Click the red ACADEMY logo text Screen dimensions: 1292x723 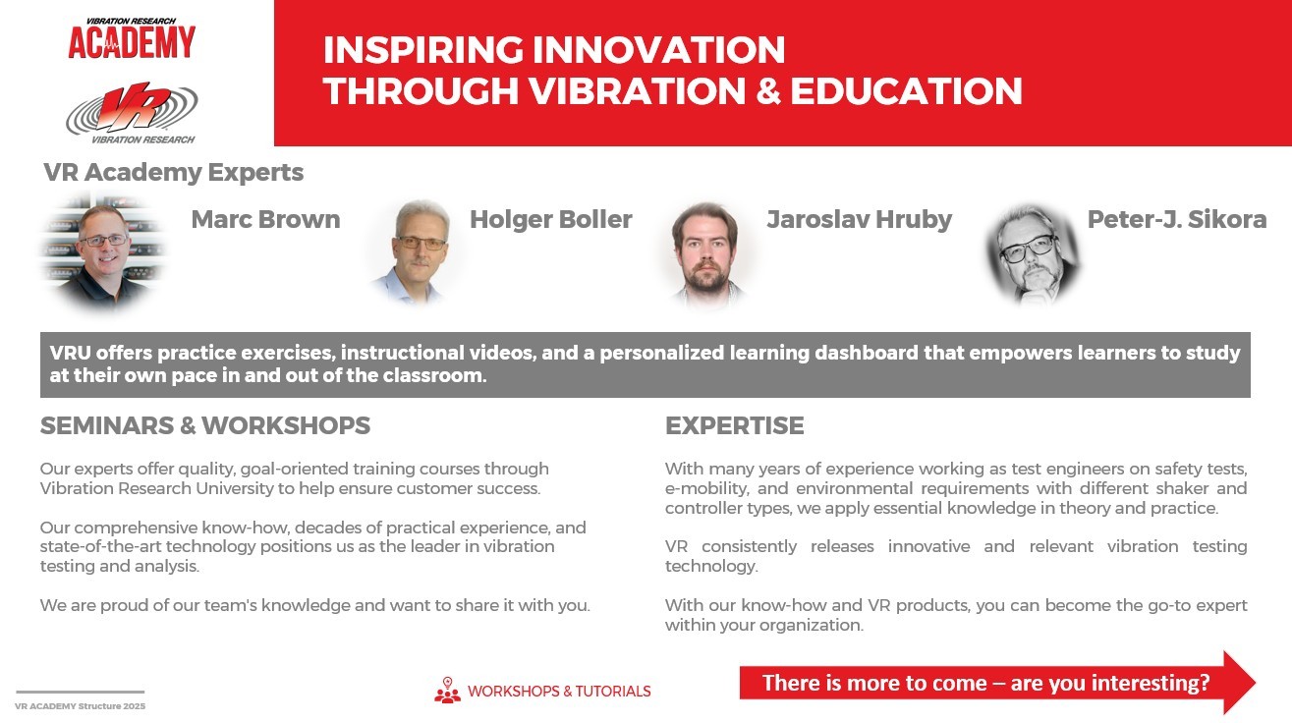click(x=132, y=42)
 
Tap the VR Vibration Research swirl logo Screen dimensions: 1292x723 click(x=132, y=112)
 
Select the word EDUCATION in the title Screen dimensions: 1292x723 click(x=906, y=91)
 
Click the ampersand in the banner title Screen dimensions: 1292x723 click(x=768, y=91)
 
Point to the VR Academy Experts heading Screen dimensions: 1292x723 click(x=174, y=172)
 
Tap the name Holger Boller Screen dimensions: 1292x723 click(x=551, y=220)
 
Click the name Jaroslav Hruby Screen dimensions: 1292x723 click(x=860, y=220)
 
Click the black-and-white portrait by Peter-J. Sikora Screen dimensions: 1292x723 click(x=1032, y=254)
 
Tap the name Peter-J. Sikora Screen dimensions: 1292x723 click(x=1177, y=220)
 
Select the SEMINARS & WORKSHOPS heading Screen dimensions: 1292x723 click(x=205, y=425)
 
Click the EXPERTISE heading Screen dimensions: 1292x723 click(x=734, y=425)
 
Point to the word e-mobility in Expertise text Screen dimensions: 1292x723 click(x=707, y=489)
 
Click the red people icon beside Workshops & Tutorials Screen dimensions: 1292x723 click(x=448, y=691)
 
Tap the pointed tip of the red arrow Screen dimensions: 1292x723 click(x=1255, y=683)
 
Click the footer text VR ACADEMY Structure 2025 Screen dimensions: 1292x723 click(x=81, y=706)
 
